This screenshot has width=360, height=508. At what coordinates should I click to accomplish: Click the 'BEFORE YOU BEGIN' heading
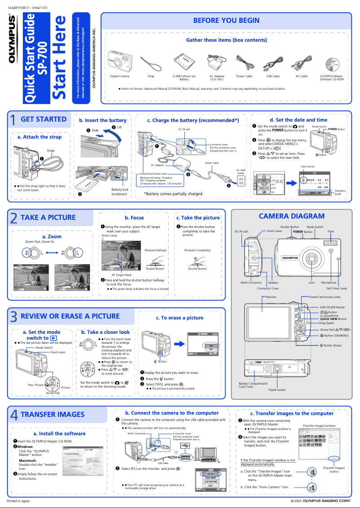coord(226,20)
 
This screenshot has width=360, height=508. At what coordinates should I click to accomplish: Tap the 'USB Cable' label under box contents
coord(273,76)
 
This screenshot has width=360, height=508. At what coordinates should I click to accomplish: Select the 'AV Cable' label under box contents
coord(301,76)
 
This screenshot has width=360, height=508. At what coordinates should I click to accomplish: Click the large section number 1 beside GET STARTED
coord(13,120)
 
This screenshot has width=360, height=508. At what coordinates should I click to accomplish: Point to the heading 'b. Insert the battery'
coord(103,120)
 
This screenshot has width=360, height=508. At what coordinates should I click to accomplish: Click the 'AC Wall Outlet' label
coord(241,172)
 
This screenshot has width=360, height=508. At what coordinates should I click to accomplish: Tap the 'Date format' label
coord(307,166)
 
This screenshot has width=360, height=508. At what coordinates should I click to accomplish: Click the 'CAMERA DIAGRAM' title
coord(291,216)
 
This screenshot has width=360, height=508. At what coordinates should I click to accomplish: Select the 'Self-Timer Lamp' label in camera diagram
coord(336,289)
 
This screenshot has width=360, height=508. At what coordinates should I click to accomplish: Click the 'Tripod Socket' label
coord(277,390)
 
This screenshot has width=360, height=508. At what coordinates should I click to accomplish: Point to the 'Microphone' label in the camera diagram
coord(329,283)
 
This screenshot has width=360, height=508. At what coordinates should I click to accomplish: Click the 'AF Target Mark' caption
coord(121,275)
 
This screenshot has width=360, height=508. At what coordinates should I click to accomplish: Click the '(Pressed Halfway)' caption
coord(156,250)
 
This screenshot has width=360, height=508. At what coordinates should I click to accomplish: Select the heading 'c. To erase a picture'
coord(180,318)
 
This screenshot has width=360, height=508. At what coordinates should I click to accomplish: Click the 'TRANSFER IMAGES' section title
coord(53,414)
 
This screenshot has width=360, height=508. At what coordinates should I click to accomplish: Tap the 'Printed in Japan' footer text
coord(18,500)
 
